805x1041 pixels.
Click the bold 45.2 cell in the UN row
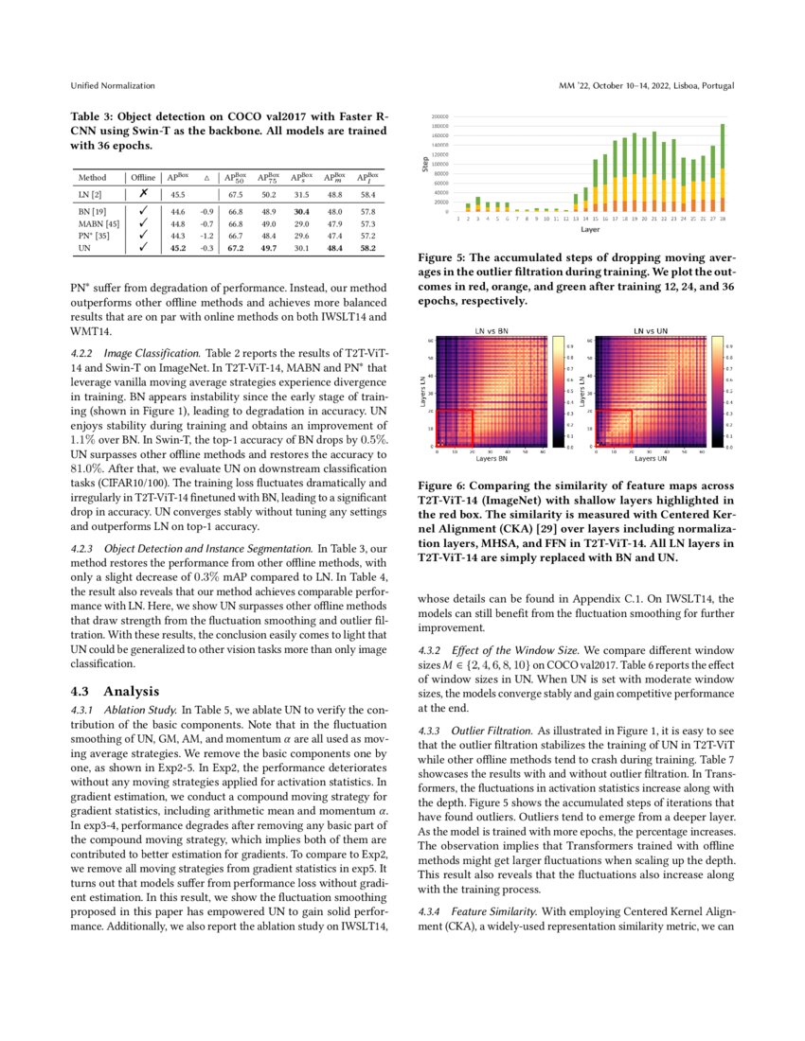click(x=177, y=249)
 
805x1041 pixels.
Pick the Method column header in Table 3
click(x=92, y=177)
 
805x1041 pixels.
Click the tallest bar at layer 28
click(x=723, y=168)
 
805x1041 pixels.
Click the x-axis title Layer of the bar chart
click(x=591, y=229)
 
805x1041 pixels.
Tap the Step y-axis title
click(x=425, y=165)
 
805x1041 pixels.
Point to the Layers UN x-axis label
click(x=651, y=459)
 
